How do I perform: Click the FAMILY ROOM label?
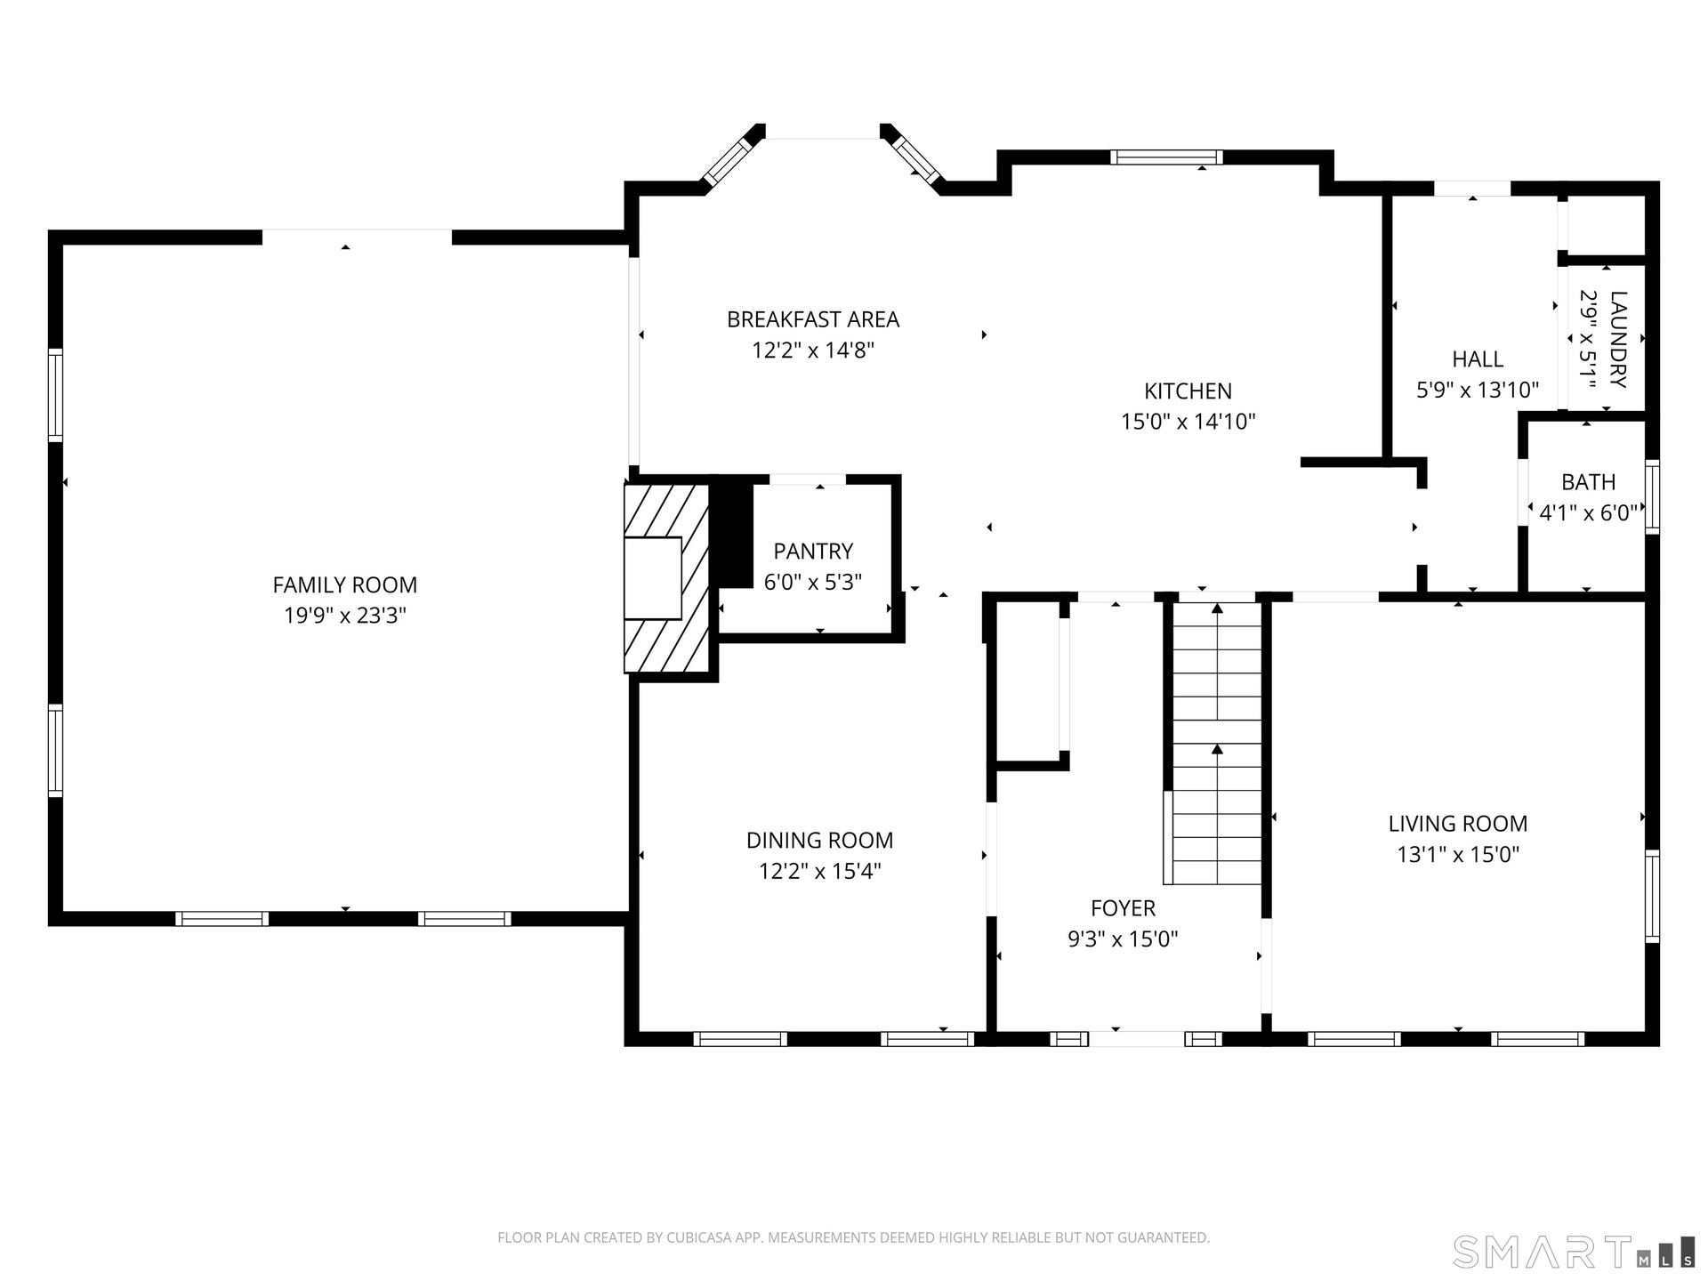(344, 584)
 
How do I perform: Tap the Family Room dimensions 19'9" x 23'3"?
(344, 615)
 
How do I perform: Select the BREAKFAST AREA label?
(813, 319)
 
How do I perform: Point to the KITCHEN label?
(1188, 391)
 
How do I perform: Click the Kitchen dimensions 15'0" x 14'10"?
(1188, 421)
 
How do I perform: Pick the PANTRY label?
(813, 551)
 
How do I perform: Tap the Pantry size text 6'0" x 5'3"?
(813, 581)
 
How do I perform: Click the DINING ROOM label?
(819, 840)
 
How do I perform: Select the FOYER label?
(1123, 907)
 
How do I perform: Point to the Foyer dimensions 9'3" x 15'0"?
(1123, 938)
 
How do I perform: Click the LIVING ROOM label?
(1458, 824)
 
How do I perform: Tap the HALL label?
(1478, 359)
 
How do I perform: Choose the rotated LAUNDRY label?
(1618, 339)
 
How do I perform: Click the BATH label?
(1588, 482)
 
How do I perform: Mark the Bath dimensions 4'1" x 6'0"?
(1588, 512)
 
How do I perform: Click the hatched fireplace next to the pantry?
(666, 578)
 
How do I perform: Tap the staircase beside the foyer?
(1216, 743)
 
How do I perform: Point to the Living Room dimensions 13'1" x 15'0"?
(1458, 854)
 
